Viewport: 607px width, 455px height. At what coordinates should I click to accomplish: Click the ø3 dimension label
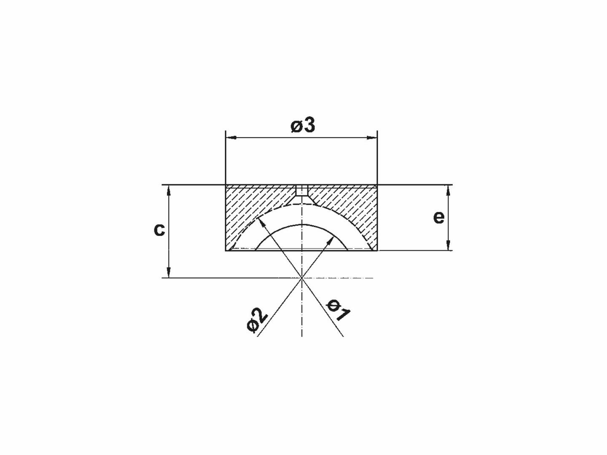tap(303, 126)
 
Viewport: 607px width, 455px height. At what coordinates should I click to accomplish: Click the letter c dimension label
tap(159, 230)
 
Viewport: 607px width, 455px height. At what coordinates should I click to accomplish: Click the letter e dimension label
tap(439, 217)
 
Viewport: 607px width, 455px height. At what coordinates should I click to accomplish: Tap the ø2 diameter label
tap(257, 321)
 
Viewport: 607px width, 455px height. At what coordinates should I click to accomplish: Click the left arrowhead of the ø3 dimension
tap(230, 137)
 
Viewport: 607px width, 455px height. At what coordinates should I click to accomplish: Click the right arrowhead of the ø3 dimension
tap(373, 137)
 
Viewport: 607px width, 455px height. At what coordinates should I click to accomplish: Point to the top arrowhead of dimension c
tap(169, 190)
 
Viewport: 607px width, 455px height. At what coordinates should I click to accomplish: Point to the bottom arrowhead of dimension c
tap(169, 273)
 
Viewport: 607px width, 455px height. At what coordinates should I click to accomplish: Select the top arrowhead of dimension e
tap(448, 190)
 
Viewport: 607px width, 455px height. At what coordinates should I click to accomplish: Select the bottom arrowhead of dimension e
tap(448, 246)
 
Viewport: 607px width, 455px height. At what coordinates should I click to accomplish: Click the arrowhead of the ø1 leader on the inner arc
tap(330, 241)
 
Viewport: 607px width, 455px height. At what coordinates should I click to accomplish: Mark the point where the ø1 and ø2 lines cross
tap(302, 278)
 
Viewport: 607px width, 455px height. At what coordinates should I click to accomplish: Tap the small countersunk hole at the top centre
tap(302, 192)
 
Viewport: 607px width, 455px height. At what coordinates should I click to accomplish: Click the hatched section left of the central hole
tap(253, 202)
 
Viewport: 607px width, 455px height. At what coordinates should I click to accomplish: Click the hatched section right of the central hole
tap(350, 202)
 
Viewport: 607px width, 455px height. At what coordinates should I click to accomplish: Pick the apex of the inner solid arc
tap(302, 225)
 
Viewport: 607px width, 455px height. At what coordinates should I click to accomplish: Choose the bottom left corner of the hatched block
tap(226, 251)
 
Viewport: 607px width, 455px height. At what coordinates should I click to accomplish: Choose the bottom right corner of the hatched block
tap(377, 251)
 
